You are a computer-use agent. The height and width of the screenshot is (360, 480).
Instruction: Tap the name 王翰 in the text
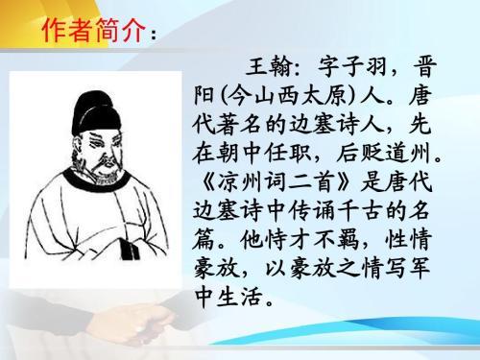(261, 70)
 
